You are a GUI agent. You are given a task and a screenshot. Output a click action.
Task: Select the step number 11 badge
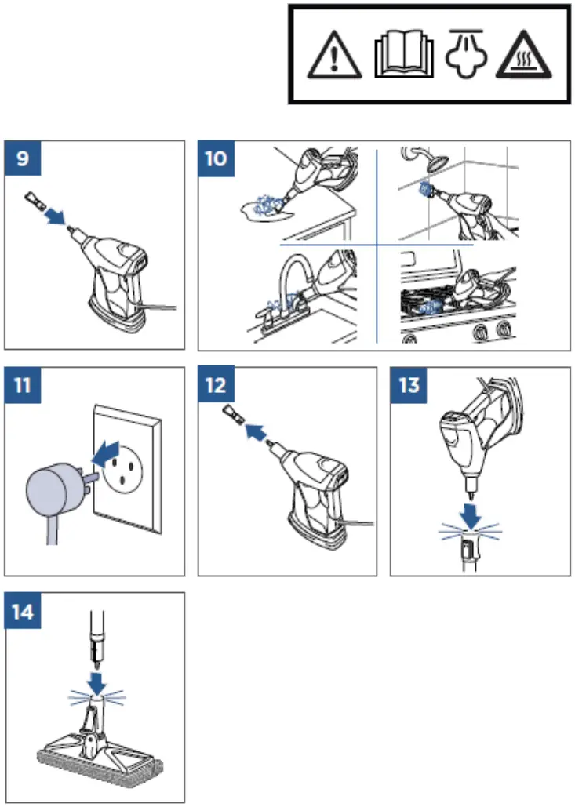coord(22,385)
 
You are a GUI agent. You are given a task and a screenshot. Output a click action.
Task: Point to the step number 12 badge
coord(216,385)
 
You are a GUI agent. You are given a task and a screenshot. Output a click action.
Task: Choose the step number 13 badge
coord(409,385)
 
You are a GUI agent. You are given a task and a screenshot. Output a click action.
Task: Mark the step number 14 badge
coord(22,611)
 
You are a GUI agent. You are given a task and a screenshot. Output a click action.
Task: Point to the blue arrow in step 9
coord(55,216)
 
